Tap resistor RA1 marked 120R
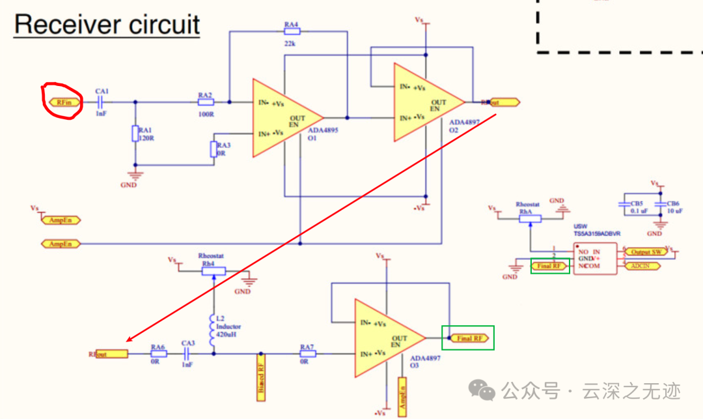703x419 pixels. click(x=135, y=134)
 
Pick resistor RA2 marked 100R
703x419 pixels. click(x=205, y=102)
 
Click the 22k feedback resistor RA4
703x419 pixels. click(x=291, y=32)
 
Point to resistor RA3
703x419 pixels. click(x=212, y=149)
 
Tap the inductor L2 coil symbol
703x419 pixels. click(x=212, y=331)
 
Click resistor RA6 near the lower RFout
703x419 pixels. click(x=158, y=354)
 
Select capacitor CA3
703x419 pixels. click(x=187, y=354)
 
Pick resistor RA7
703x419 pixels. click(x=308, y=354)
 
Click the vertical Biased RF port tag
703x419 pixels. click(x=258, y=377)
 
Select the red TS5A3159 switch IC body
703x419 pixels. click(x=595, y=259)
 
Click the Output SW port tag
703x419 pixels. click(x=646, y=252)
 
